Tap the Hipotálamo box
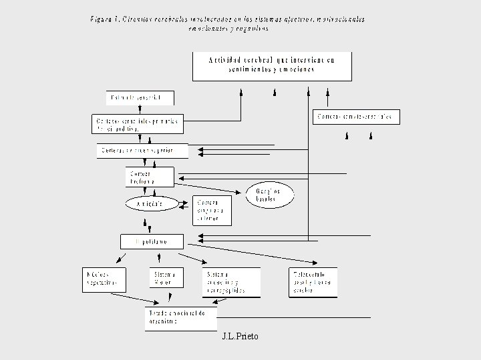(x=152, y=241)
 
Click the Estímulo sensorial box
(x=140, y=98)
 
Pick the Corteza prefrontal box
(x=149, y=177)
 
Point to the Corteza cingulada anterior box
(x=212, y=210)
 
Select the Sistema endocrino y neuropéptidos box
(x=230, y=282)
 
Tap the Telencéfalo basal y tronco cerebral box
(x=313, y=282)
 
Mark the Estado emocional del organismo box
(x=180, y=318)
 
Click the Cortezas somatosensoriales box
(x=356, y=117)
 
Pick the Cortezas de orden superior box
(x=142, y=151)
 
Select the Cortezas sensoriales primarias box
(x=136, y=124)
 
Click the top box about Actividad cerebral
(x=271, y=66)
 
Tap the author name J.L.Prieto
(x=240, y=337)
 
